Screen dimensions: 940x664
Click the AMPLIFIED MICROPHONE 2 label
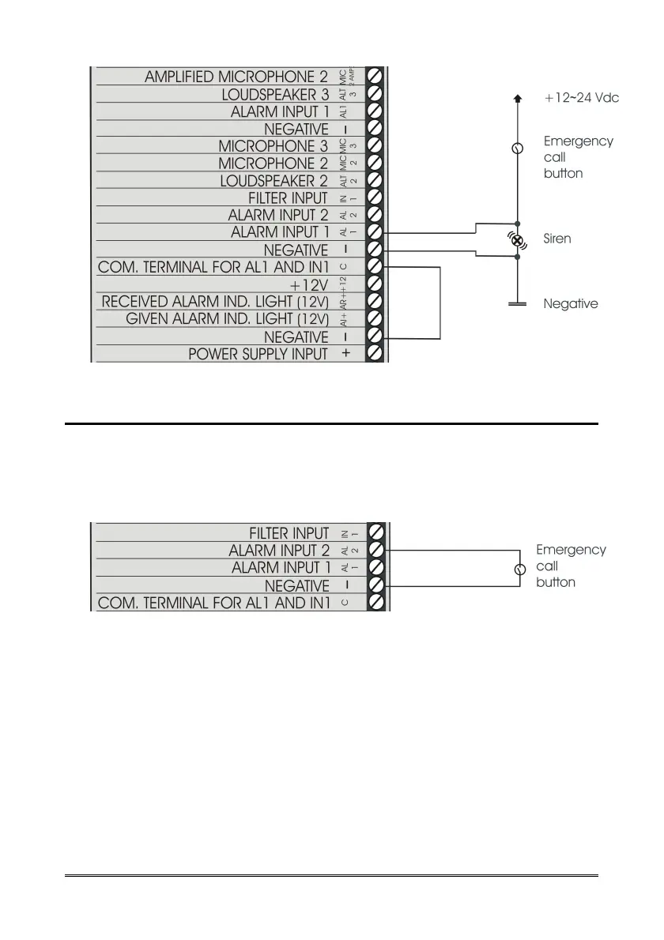(x=236, y=77)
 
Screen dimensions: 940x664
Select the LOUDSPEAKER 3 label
(x=274, y=94)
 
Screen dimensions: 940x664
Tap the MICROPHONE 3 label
(x=273, y=146)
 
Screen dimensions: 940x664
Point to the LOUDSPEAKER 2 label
(x=274, y=181)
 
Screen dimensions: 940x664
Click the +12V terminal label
(x=309, y=284)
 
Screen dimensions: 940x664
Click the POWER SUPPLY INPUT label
(x=258, y=355)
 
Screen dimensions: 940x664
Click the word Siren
(x=558, y=238)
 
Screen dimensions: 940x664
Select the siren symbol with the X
(x=518, y=239)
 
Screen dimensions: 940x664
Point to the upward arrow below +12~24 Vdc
(x=518, y=99)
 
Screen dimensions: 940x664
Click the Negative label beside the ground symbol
(x=571, y=303)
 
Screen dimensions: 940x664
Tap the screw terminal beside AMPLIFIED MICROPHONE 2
(x=375, y=77)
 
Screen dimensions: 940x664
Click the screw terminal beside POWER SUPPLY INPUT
(x=375, y=355)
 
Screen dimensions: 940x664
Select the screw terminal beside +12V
(x=375, y=284)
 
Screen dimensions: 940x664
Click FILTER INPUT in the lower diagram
(x=289, y=532)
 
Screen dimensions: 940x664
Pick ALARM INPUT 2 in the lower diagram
(x=279, y=550)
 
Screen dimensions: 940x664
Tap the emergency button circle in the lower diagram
(x=519, y=569)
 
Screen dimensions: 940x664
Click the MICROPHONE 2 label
(x=273, y=164)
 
